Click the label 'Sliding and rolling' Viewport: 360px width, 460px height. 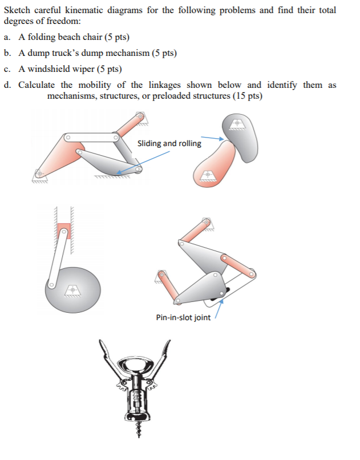pyautogui.click(x=169, y=143)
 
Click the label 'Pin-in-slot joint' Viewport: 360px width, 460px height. pyautogui.click(x=183, y=317)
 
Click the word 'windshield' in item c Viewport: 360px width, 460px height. pyautogui.click(x=62, y=69)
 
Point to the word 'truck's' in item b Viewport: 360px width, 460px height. pyautogui.click(x=75, y=53)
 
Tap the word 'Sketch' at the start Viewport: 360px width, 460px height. pyautogui.click(x=17, y=10)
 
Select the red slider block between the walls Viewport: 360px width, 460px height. pyautogui.click(x=63, y=231)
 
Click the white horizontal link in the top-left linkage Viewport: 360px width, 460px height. pyautogui.click(x=91, y=138)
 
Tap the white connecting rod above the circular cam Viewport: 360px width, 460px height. pyautogui.click(x=58, y=257)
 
